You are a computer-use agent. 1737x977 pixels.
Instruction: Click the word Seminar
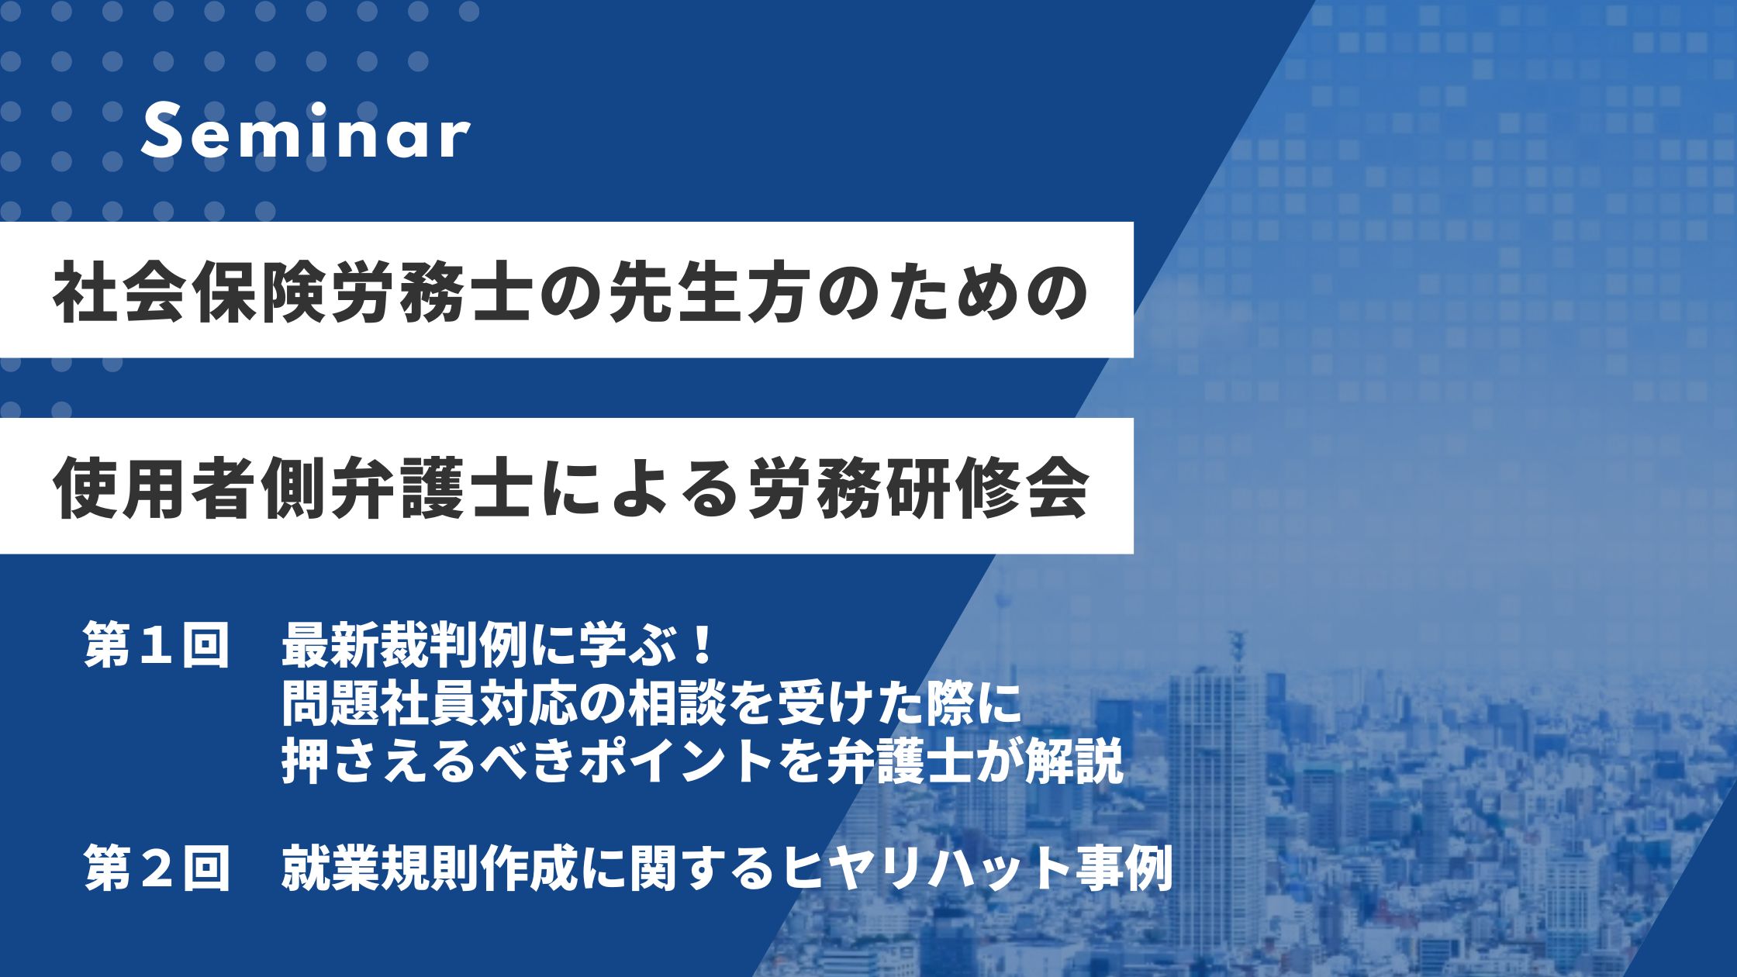point(306,136)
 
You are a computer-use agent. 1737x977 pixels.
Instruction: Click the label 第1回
point(157,644)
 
